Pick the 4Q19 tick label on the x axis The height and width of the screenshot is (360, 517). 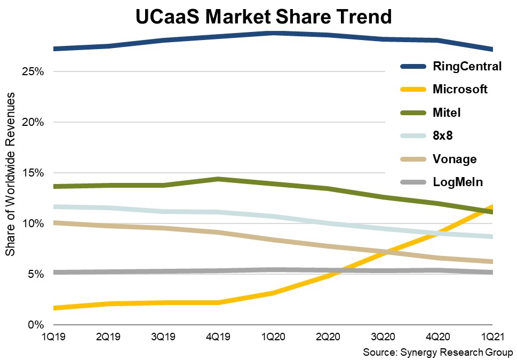coord(218,337)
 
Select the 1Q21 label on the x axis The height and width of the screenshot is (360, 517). coord(492,337)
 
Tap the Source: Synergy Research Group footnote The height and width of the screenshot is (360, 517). coord(438,353)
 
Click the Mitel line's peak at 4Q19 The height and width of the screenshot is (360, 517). coord(218,179)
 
